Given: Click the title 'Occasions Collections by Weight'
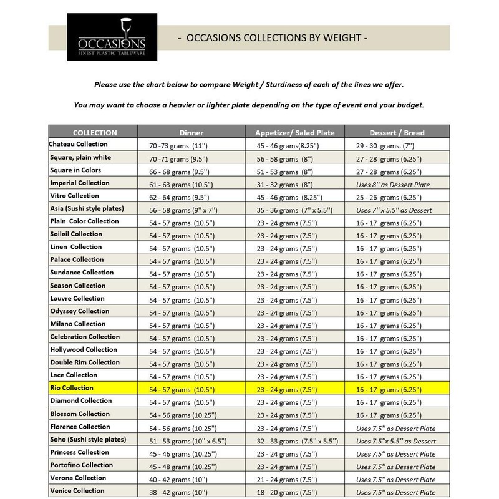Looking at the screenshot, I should [273, 38].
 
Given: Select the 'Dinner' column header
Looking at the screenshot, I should [191, 132].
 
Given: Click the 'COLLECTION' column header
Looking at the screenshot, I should [94, 132].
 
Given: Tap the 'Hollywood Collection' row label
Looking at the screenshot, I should [83, 350].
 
